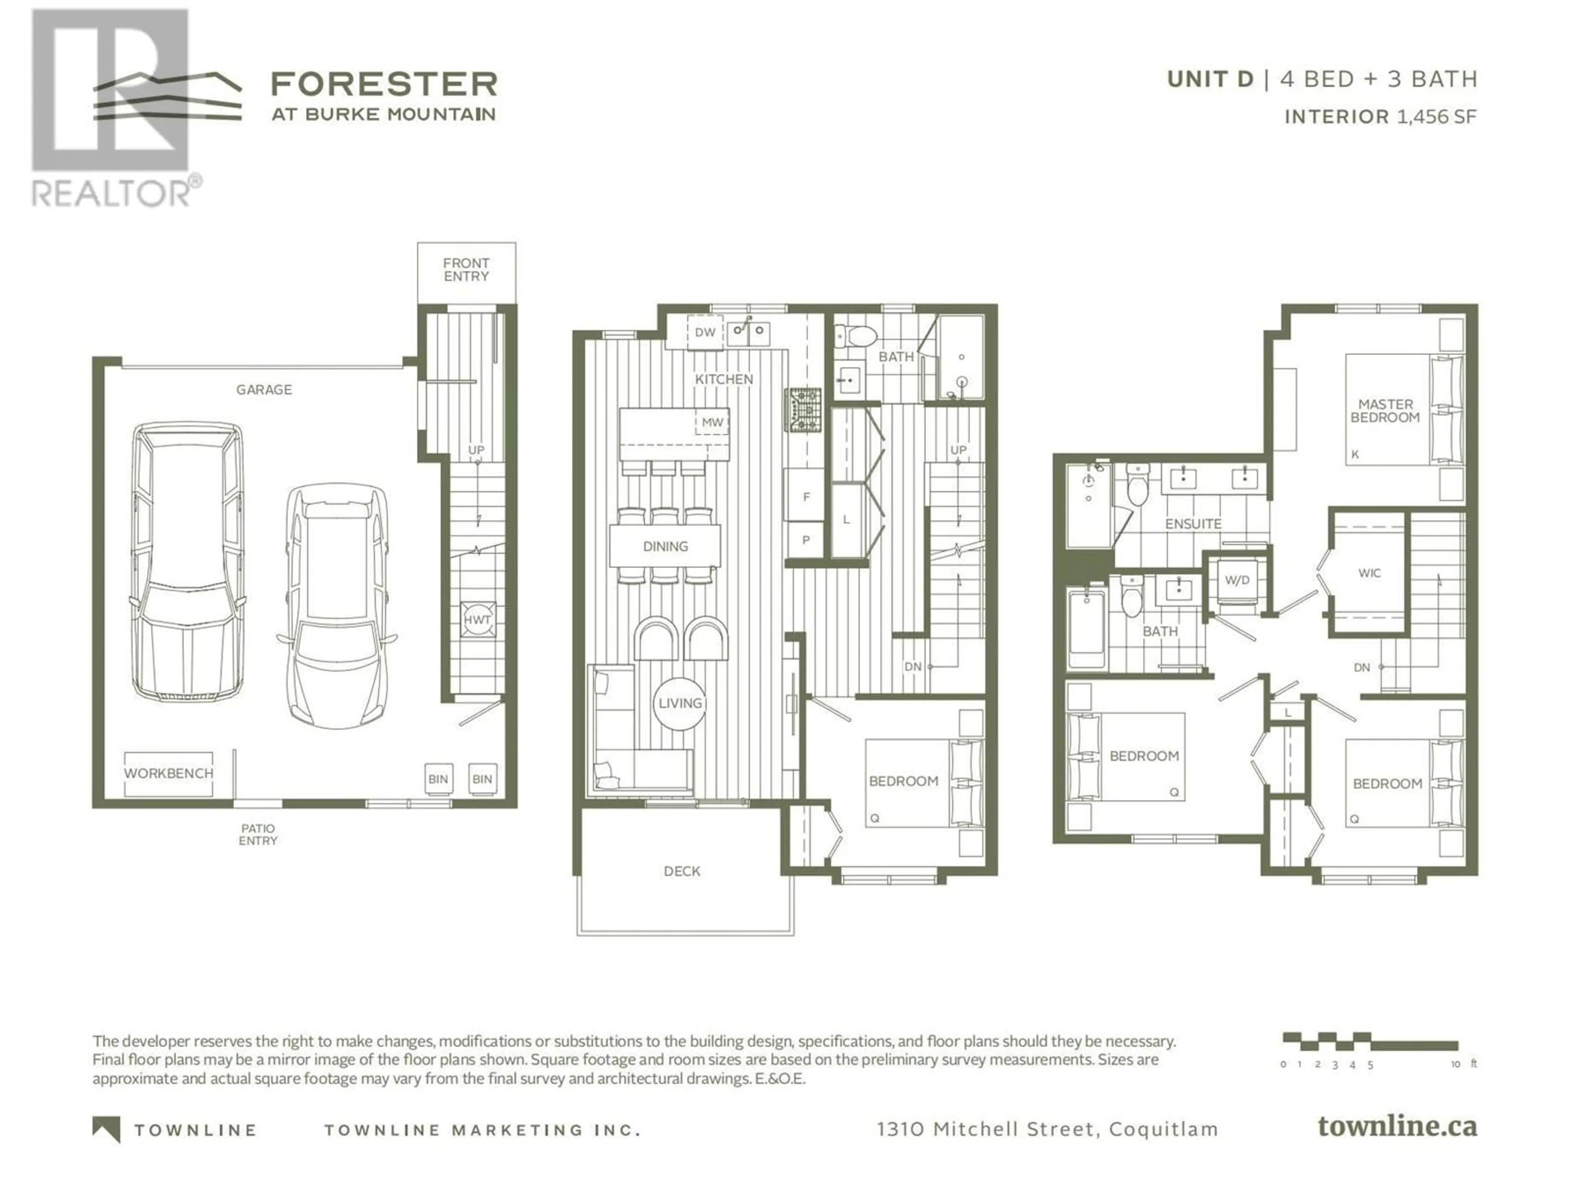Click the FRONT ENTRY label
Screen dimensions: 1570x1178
pos(467,270)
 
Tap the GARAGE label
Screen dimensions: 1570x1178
pos(264,389)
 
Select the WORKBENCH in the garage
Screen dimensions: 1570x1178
pos(168,773)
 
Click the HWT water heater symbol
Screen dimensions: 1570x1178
pos(477,619)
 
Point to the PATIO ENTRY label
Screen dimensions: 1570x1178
pos(258,834)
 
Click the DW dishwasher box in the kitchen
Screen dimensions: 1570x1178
pos(705,332)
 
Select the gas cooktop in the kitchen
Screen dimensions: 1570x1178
pos(803,410)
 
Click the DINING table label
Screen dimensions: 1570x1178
pos(666,546)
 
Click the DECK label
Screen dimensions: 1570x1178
pos(682,871)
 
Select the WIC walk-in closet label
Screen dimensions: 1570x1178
pos(1370,573)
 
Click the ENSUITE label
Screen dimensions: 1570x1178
pos(1193,524)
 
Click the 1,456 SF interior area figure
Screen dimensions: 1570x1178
pos(1437,117)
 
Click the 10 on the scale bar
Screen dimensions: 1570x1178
pos(1456,1064)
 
